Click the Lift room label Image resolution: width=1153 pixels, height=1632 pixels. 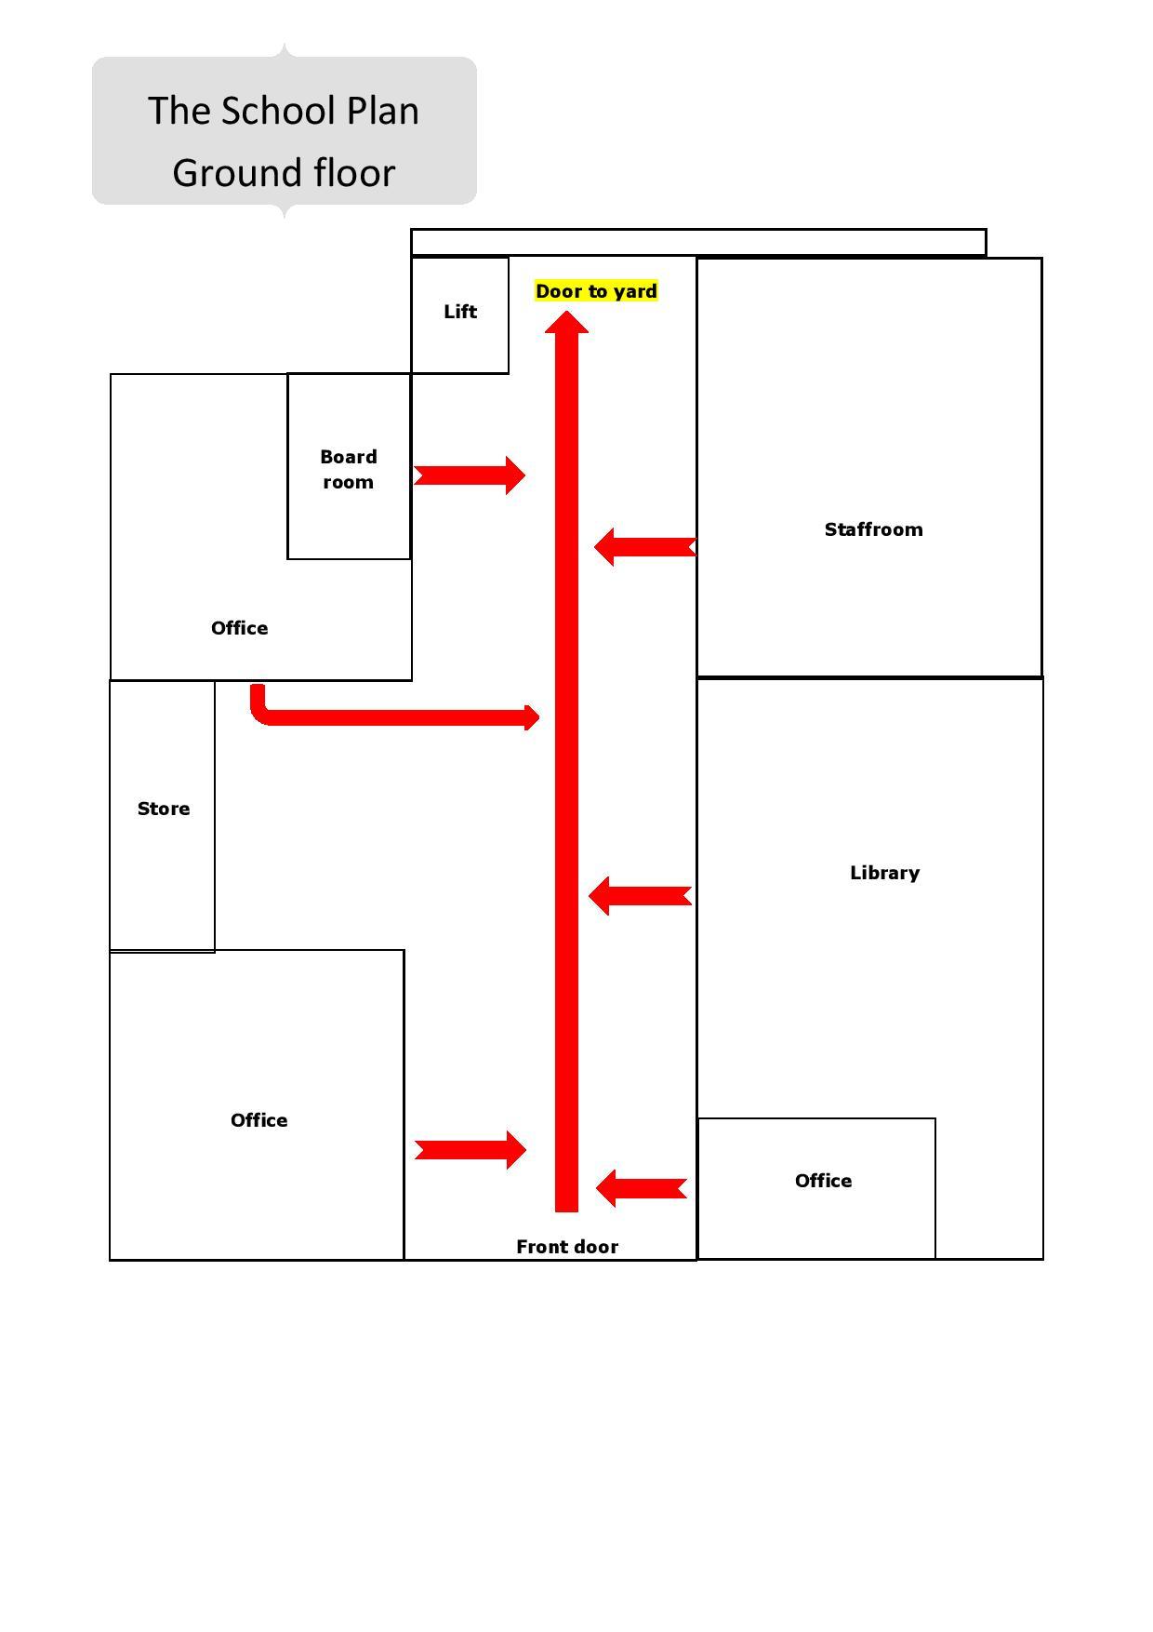[460, 312]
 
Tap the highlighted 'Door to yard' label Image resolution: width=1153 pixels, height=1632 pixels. [596, 291]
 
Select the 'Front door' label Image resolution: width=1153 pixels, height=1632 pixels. [567, 1247]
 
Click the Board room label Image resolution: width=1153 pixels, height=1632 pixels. [348, 469]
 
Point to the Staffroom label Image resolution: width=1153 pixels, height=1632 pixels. [873, 529]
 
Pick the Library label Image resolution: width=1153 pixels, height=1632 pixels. [884, 873]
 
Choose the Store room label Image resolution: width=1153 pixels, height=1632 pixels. [164, 809]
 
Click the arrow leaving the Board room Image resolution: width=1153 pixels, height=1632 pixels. [469, 475]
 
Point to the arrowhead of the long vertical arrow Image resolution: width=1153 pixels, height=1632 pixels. [566, 323]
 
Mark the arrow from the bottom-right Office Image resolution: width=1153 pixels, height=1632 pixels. [641, 1189]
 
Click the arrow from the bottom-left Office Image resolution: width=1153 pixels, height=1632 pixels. [470, 1150]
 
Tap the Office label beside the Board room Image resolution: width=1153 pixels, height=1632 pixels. [239, 628]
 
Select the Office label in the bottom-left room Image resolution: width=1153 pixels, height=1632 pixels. [258, 1120]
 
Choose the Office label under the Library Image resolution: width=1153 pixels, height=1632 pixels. [823, 1181]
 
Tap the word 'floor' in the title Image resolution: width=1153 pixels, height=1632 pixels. [354, 173]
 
